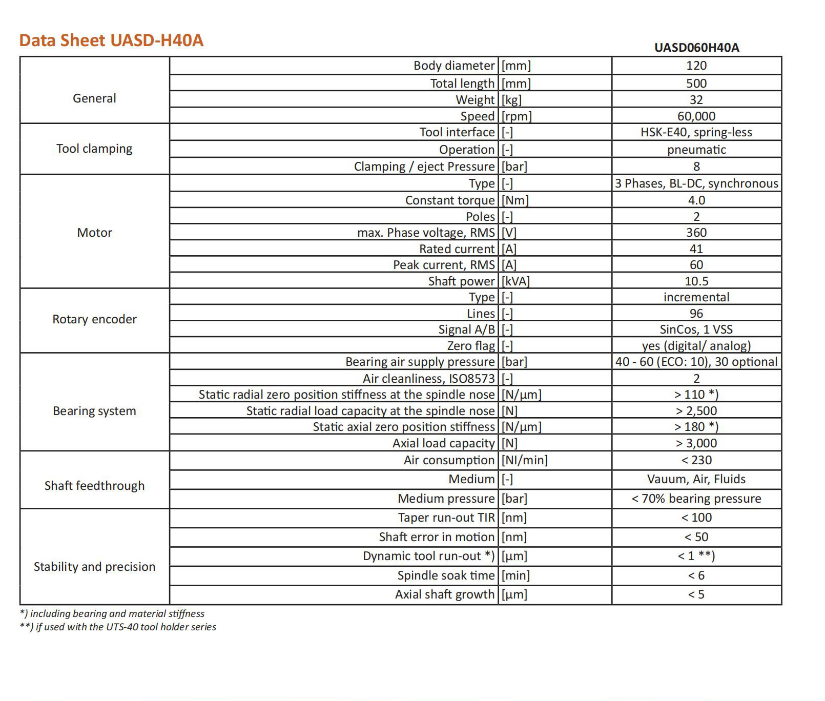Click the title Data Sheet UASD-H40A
click(111, 40)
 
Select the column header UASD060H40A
click(696, 48)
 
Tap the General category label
click(94, 98)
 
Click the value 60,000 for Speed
click(696, 116)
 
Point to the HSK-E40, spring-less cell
click(696, 132)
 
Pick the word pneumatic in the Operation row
click(696, 150)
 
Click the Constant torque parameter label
click(449, 200)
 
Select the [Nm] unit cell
click(515, 200)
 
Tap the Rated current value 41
click(696, 249)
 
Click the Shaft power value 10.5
click(696, 281)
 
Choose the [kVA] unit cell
click(515, 281)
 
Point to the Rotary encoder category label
click(94, 319)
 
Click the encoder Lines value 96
click(696, 314)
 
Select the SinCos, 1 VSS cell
click(696, 329)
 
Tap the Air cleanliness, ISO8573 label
click(428, 379)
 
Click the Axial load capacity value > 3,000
click(696, 443)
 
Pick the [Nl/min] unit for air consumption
click(524, 460)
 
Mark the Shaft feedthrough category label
click(94, 485)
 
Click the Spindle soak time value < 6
click(696, 575)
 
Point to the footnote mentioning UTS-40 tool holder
click(118, 627)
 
